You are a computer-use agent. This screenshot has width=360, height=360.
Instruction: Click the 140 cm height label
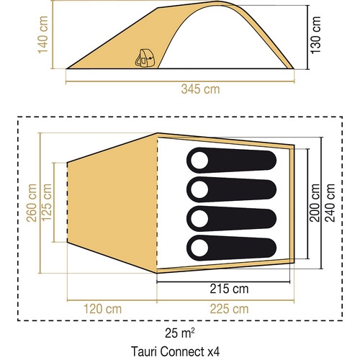tap(43, 35)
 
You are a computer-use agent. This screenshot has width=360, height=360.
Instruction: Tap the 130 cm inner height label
tap(315, 35)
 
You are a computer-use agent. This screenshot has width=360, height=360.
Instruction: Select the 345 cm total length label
tap(200, 89)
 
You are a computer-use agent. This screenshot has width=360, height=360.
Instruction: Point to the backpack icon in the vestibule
tap(145, 58)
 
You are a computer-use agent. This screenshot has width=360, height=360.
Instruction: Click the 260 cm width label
tap(32, 203)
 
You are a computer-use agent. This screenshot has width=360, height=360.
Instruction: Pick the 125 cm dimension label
tap(47, 202)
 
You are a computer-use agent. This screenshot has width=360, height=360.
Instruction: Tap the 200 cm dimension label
tap(315, 203)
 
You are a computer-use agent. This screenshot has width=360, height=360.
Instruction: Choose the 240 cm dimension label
tap(330, 203)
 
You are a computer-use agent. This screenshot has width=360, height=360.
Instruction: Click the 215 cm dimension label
tap(229, 289)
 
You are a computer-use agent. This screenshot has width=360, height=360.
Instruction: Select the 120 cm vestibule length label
tap(102, 309)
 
